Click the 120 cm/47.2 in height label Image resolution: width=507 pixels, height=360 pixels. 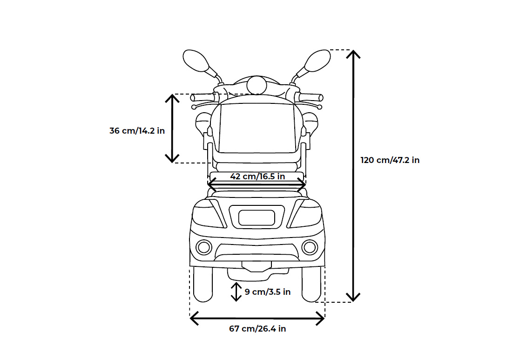pos(390,160)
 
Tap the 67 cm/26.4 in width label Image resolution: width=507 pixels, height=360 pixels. pos(257,329)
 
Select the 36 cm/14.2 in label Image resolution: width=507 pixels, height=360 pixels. pos(137,131)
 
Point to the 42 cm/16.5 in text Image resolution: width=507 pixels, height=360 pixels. pos(257,177)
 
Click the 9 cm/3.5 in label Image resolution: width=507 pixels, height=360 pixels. pos(268,292)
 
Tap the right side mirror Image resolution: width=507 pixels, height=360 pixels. pos(318,61)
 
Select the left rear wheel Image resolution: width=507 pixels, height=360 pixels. pos(203,284)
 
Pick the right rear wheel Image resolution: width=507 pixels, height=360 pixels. pos(311,284)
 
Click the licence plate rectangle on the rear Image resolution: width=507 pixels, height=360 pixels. pos(257,217)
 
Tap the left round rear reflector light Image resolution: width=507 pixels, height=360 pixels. pos(203,247)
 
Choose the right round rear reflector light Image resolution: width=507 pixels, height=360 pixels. pos(310,247)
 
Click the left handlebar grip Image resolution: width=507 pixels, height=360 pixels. pos(202,98)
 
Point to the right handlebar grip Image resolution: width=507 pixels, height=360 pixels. pos(311,97)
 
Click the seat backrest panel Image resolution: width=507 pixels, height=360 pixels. pos(257,128)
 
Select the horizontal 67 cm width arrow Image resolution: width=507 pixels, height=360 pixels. pos(257,319)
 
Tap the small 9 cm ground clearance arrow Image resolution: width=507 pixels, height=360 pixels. pos(236,292)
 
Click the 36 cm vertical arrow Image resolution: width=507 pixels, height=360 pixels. pos(173,128)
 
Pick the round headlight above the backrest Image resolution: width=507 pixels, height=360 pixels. pos(257,85)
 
